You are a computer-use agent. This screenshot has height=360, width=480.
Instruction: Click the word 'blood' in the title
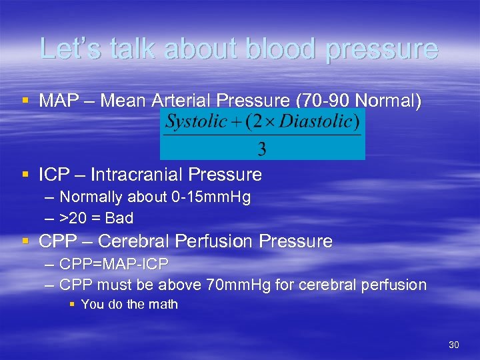pos(279,49)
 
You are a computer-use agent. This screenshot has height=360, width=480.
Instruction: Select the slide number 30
pos(454,345)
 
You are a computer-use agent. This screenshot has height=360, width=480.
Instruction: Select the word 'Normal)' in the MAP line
pos(389,101)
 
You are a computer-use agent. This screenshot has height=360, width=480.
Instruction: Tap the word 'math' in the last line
pos(163,305)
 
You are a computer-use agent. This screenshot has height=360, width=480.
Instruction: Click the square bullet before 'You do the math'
pos(73,305)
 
